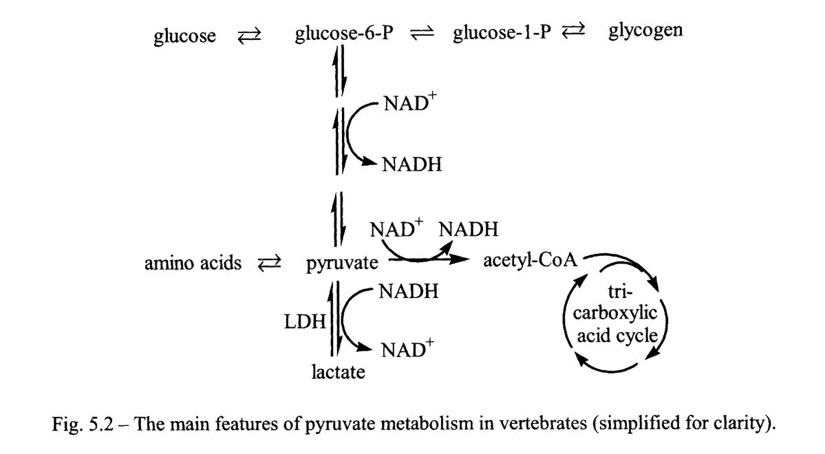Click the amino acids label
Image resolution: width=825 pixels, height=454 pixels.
(x=193, y=262)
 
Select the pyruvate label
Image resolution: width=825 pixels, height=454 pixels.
(x=342, y=263)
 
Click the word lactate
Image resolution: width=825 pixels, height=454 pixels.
(x=338, y=373)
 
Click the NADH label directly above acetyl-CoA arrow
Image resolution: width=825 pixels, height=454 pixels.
(x=468, y=229)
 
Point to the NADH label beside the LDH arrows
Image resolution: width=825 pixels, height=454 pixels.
(x=408, y=291)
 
